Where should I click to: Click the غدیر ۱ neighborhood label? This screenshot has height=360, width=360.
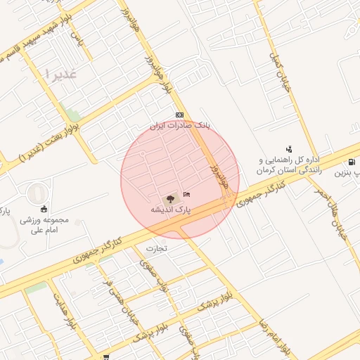[58, 73]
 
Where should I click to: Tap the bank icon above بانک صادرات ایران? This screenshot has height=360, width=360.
[179, 115]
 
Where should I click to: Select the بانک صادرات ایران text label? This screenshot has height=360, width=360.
[179, 125]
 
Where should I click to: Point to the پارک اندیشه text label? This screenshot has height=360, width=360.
[170, 210]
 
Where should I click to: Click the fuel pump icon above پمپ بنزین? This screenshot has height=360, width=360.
[351, 162]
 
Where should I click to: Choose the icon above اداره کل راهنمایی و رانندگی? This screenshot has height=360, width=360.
[289, 148]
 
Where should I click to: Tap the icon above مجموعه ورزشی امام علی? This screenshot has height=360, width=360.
[44, 208]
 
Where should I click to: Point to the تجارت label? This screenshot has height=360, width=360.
[158, 248]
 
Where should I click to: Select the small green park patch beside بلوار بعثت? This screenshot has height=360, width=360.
[70, 111]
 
